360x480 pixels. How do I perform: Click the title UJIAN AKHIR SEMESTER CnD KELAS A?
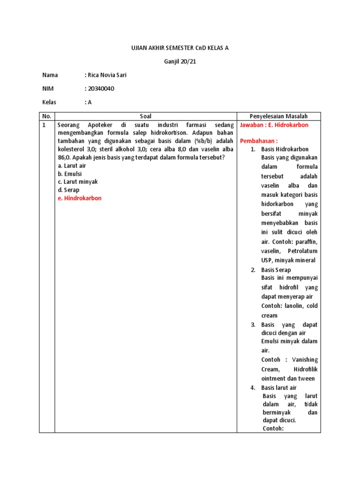click(x=180, y=48)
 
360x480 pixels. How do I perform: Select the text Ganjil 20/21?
click(x=180, y=61)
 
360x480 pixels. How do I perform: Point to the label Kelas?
click(x=49, y=102)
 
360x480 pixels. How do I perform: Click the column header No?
click(x=47, y=116)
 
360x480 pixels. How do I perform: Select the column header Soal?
click(x=146, y=116)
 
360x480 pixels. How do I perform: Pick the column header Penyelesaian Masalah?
click(x=278, y=116)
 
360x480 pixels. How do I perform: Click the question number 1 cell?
click(x=44, y=126)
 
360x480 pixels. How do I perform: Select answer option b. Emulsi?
click(x=70, y=173)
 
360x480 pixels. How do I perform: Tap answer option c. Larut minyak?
click(x=78, y=181)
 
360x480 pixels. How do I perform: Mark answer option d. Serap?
click(x=68, y=190)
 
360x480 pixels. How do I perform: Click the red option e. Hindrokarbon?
click(x=80, y=198)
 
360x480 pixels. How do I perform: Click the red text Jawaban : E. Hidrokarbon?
click(x=274, y=125)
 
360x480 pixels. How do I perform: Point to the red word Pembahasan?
click(x=258, y=141)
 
